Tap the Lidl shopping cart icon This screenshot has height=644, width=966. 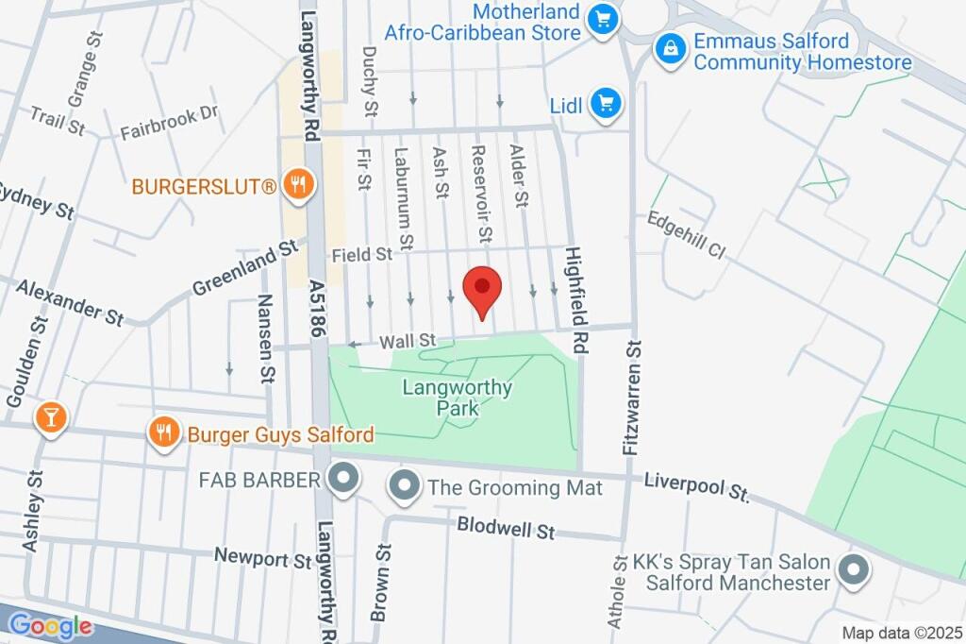point(606,105)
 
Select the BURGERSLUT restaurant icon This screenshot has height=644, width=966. point(298,186)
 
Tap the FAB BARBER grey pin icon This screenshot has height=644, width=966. point(342,480)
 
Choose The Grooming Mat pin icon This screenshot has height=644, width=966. point(406,487)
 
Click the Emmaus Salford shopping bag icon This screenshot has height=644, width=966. point(671,49)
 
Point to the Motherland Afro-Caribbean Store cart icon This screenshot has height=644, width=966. point(602,20)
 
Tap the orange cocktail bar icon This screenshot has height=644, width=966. point(50,417)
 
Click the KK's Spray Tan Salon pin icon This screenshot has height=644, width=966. point(853,570)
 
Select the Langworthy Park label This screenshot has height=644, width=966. point(458,398)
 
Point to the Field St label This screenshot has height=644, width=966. point(361,255)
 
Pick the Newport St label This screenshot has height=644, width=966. point(262,558)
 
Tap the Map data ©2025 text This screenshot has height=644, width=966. point(902,634)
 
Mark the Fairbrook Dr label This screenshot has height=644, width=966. point(169,123)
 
